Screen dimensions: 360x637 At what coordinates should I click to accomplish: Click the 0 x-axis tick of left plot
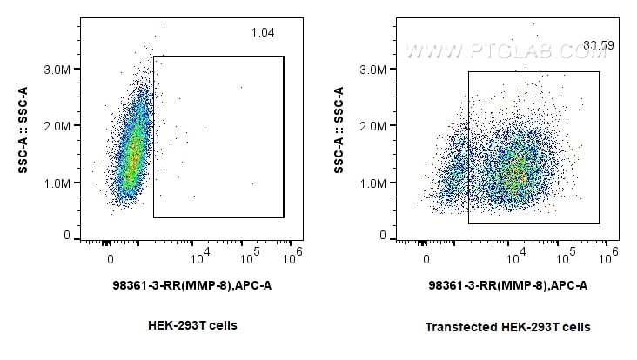coord(110,258)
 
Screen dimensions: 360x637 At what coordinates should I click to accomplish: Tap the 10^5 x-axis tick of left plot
coord(251,256)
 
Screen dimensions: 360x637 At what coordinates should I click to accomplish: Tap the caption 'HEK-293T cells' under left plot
coord(192,325)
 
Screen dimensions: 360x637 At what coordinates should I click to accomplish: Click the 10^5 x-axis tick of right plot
coord(567,256)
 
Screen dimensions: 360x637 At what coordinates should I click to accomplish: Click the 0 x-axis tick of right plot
coord(426,258)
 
